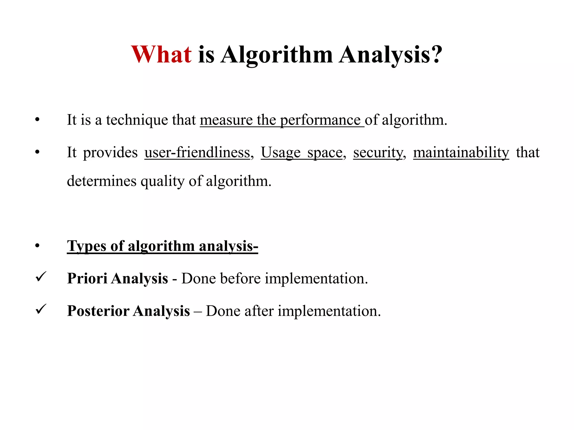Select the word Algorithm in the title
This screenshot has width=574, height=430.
tap(276, 55)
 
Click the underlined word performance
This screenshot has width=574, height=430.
tap(320, 120)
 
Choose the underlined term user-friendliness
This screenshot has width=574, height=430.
tap(197, 153)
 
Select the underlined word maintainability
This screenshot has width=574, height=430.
tap(461, 153)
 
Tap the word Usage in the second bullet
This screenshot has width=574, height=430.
tap(281, 153)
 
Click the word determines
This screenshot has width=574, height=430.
tap(101, 181)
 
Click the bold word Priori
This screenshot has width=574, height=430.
tap(87, 279)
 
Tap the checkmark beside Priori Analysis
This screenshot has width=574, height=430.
tap(41, 277)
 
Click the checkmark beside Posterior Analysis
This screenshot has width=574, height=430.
tap(41, 309)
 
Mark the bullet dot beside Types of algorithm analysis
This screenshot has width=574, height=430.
tap(38, 246)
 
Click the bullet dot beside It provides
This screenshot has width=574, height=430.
tap(38, 152)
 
